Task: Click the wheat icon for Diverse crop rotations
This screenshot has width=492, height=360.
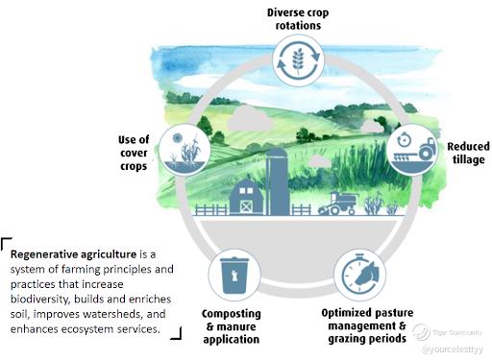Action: (298, 60)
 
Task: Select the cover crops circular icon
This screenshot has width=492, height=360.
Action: (184, 150)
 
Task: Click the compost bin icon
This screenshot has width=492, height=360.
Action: (234, 276)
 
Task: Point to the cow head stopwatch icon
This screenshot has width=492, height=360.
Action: (359, 276)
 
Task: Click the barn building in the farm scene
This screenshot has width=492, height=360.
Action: (247, 198)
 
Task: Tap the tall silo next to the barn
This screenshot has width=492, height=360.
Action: (277, 181)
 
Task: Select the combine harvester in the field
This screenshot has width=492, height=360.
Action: (337, 204)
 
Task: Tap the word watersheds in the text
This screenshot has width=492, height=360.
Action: (112, 314)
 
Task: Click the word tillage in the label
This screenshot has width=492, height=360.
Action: (468, 160)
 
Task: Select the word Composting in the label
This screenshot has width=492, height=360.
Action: (232, 314)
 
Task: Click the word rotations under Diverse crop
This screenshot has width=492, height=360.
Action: (298, 26)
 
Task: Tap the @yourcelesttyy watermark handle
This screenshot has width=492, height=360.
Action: (453, 349)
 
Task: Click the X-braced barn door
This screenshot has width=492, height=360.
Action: (246, 206)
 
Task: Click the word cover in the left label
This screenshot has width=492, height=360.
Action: (134, 154)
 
